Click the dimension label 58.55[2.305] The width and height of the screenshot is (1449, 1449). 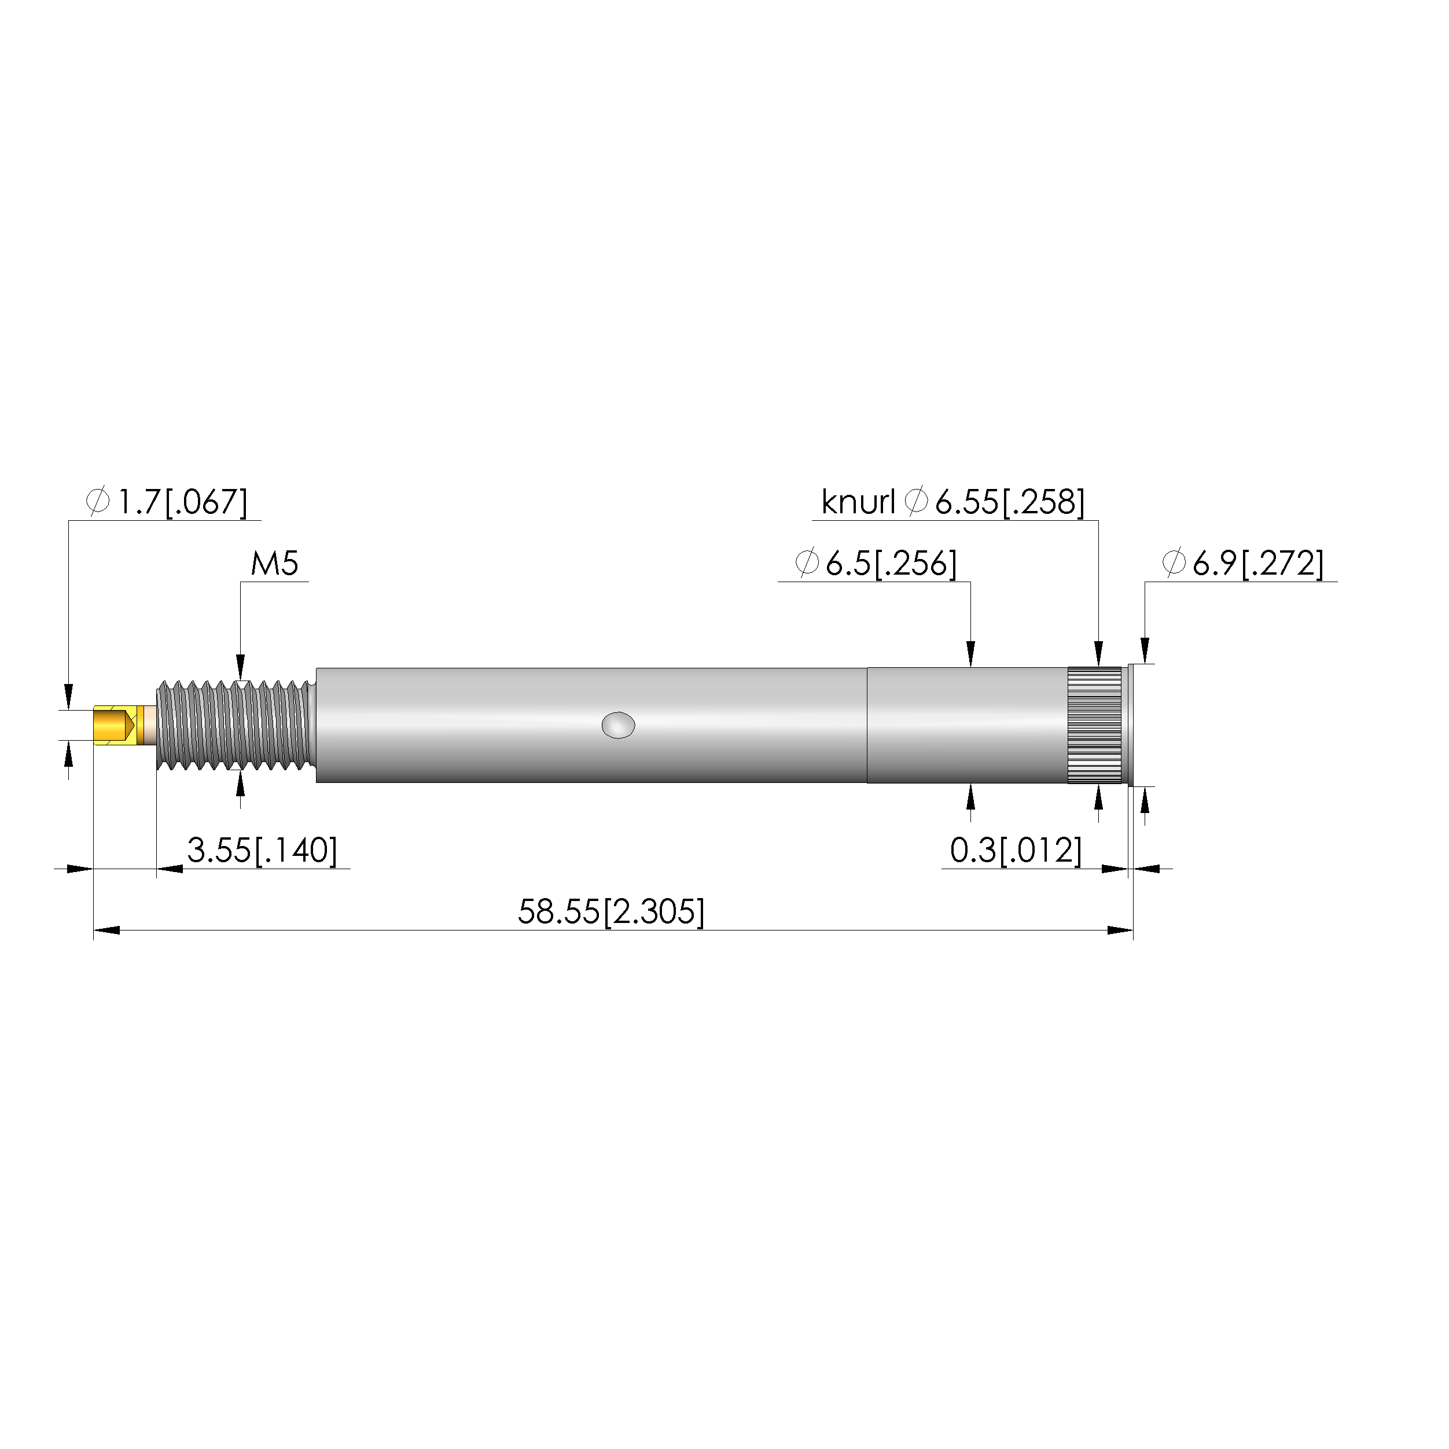(x=611, y=912)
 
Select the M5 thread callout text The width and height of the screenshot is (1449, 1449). (x=274, y=563)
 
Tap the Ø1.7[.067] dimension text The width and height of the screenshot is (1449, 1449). (x=167, y=502)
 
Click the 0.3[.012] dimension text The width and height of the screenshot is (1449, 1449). (x=1016, y=851)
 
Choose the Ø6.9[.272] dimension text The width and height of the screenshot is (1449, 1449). (x=1243, y=563)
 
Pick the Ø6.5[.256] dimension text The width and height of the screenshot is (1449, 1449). (x=876, y=563)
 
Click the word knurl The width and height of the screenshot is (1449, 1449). (x=858, y=502)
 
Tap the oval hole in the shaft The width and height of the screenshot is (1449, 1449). (x=618, y=725)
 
